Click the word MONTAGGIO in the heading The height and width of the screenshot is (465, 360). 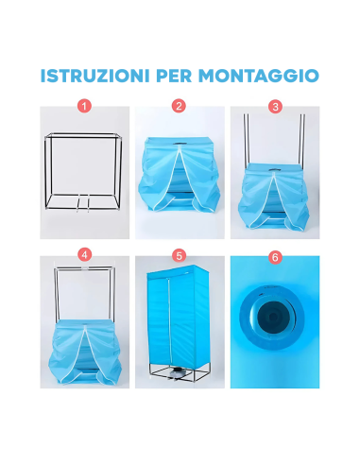click(x=266, y=76)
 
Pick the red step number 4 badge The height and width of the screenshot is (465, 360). click(x=84, y=254)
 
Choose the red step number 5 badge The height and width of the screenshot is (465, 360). click(x=180, y=254)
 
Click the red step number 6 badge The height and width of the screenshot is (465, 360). click(x=275, y=254)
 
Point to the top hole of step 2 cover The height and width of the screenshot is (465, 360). click(x=180, y=145)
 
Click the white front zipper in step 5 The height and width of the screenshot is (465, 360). click(x=180, y=321)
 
